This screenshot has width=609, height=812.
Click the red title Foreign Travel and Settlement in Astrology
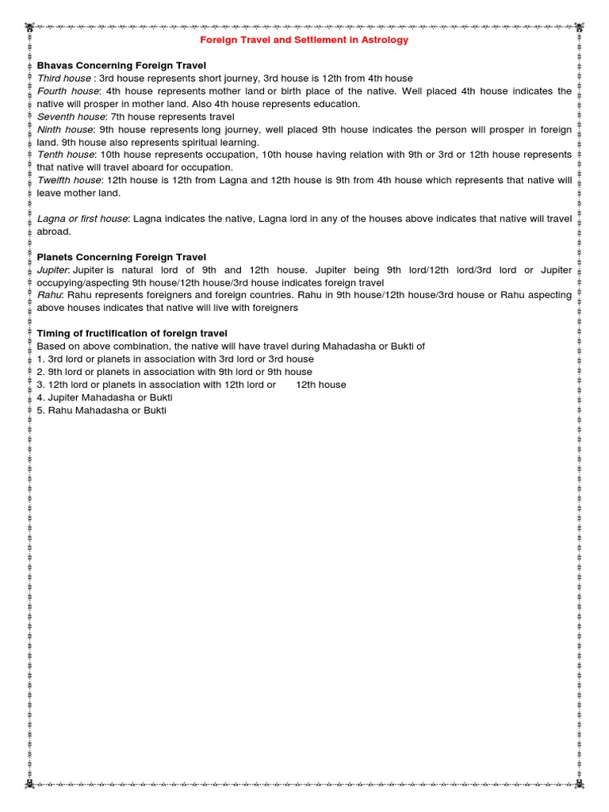304,40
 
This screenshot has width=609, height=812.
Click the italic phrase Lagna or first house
82,218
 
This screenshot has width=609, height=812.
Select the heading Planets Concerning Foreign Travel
121,257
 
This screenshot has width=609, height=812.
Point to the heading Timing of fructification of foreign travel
132,333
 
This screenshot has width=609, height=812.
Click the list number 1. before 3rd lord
40,359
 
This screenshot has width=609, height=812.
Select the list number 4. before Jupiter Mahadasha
40,397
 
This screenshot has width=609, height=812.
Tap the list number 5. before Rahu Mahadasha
40,410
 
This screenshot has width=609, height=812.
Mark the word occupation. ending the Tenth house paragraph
206,167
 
